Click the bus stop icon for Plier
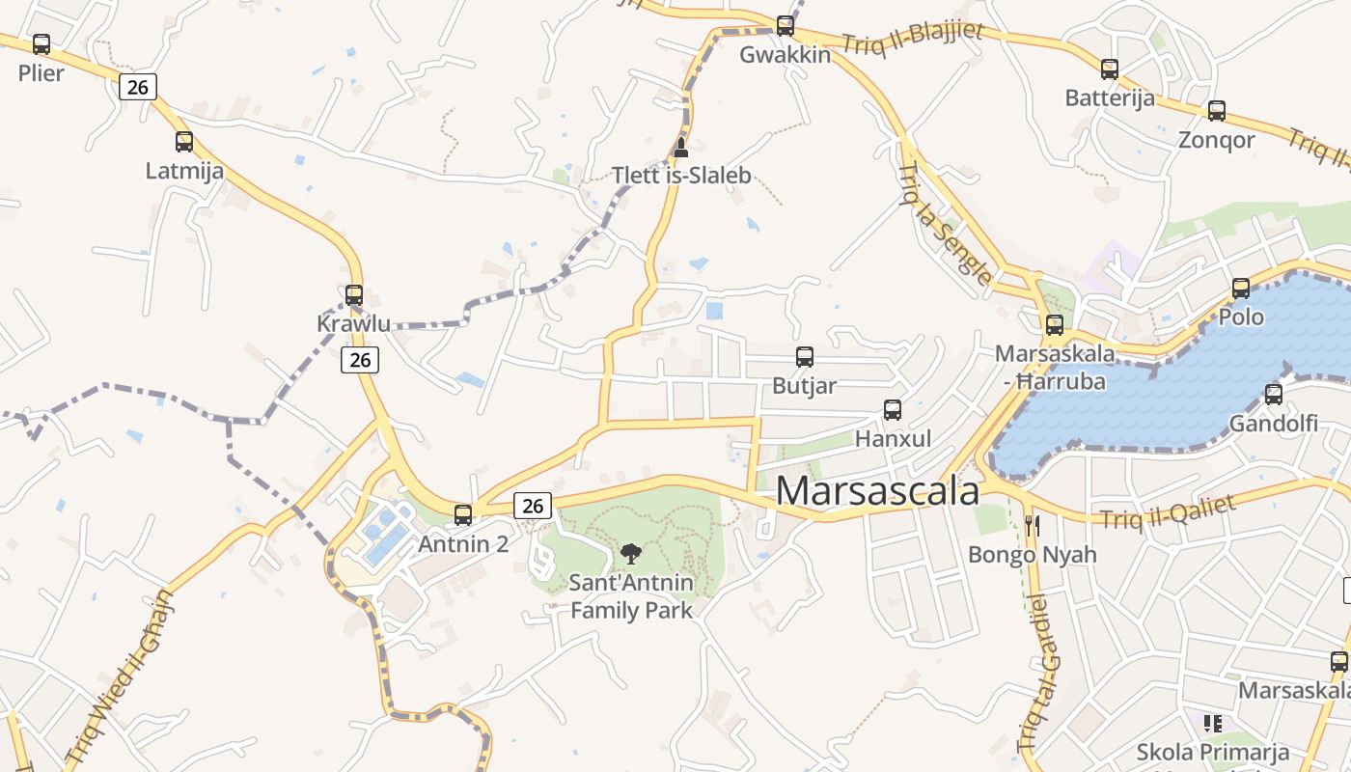point(41,44)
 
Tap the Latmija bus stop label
point(184,171)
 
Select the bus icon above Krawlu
point(354,295)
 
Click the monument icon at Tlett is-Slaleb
point(680,148)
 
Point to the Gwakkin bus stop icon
point(786,26)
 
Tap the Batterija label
point(1110,98)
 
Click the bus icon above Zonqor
point(1217,111)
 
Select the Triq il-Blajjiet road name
point(913,39)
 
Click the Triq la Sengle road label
point(945,225)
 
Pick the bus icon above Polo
point(1241,289)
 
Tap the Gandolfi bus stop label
point(1274,423)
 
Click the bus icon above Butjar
point(805,357)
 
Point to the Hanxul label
point(894,439)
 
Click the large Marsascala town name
point(877,491)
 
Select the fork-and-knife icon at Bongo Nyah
point(1033,526)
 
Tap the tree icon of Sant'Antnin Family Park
point(631,554)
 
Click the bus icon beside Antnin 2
point(463,515)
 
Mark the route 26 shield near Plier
point(138,87)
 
